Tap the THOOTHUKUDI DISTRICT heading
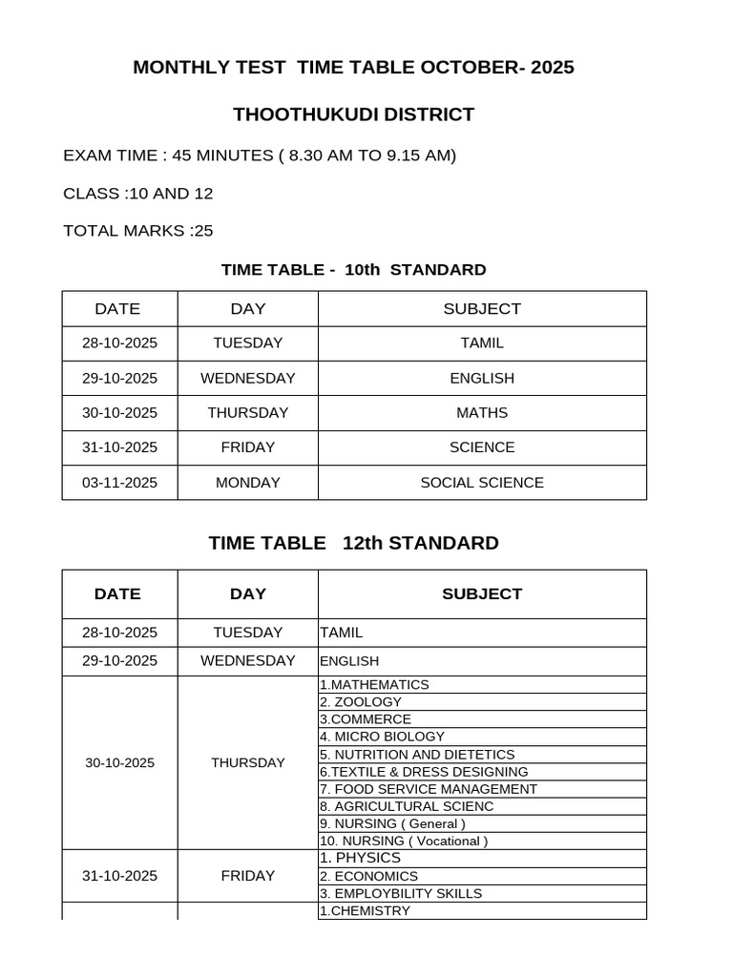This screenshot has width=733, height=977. [x=354, y=114]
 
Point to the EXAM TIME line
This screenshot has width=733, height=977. [x=260, y=156]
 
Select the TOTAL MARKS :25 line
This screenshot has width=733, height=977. [x=137, y=230]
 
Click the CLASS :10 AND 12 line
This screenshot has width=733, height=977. [x=137, y=193]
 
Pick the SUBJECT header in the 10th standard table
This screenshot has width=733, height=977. [x=482, y=308]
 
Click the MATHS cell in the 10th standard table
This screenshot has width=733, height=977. [x=482, y=413]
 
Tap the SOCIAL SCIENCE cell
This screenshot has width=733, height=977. [x=482, y=483]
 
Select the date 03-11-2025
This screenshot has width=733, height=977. [x=119, y=483]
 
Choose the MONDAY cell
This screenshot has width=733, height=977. [x=247, y=483]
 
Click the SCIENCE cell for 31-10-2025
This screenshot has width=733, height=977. [x=482, y=447]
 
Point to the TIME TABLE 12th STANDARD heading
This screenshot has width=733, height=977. [x=353, y=543]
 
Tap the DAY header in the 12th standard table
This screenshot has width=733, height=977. [x=247, y=593]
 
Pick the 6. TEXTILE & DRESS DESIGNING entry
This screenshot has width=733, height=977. [x=424, y=772]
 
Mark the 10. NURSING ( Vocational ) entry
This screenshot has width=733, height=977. [x=404, y=842]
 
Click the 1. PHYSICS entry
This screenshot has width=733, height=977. [x=360, y=858]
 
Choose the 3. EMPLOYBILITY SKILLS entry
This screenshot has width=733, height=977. [x=400, y=894]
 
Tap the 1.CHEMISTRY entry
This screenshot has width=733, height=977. [x=365, y=911]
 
